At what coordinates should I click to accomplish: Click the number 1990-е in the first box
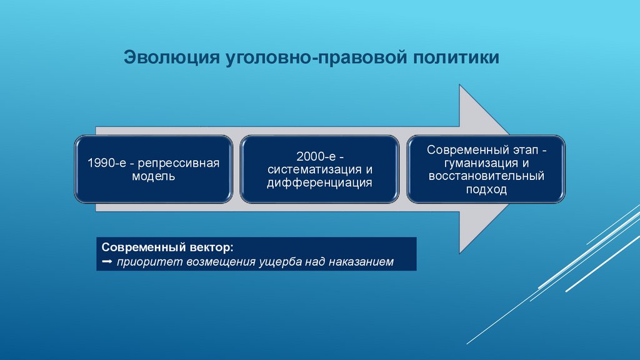pos(107,163)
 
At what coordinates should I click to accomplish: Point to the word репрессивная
pos(179,163)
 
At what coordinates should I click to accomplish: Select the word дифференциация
pos(319,183)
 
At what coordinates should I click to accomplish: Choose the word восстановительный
pos(486,176)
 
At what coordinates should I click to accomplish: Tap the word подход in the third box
pos(486,190)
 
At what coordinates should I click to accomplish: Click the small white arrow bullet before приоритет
pos(106,261)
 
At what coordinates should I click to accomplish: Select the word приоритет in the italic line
pos(148,261)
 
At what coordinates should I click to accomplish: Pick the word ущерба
pos(280,261)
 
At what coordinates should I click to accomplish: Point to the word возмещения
pos(218,261)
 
